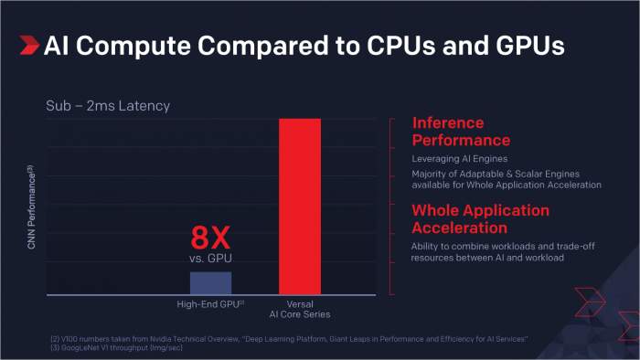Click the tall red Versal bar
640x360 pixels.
tap(299, 206)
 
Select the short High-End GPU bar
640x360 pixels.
tap(210, 282)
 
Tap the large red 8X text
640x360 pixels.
tap(210, 239)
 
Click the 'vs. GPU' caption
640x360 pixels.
tap(211, 259)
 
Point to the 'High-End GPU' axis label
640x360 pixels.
tap(210, 303)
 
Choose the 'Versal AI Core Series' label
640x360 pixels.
tap(300, 308)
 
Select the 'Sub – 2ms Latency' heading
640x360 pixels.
tap(108, 106)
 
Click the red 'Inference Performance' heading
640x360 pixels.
tap(461, 132)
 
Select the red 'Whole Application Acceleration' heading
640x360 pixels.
tap(480, 218)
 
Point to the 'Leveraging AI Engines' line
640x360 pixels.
tap(459, 158)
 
